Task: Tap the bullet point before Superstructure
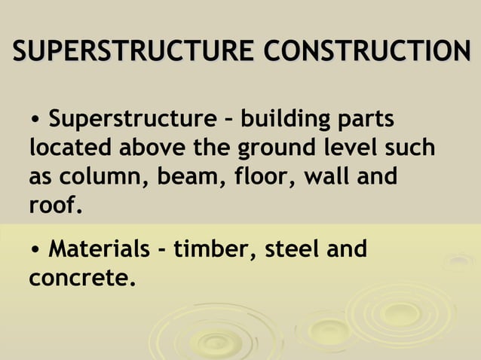coord(35,121)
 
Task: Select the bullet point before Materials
coord(35,249)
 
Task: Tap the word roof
coord(54,203)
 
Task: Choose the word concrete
coord(82,278)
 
